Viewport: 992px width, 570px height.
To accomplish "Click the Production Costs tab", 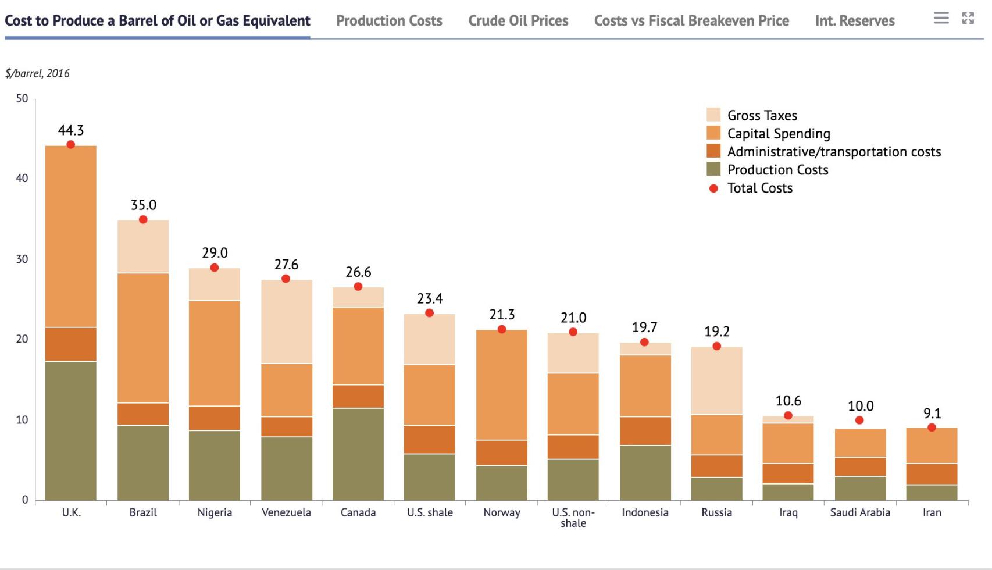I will [389, 21].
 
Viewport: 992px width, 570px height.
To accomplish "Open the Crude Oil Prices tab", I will [518, 21].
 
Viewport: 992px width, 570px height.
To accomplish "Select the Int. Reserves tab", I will [854, 21].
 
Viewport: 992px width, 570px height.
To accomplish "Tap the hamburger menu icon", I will [941, 18].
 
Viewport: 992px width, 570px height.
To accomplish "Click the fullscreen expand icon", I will [968, 18].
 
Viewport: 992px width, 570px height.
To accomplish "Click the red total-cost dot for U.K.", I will [70, 144].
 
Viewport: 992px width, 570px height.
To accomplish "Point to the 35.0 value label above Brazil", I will [143, 205].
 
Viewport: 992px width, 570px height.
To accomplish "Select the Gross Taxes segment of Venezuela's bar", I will [286, 321].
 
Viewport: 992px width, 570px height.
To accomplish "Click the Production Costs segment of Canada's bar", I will [358, 454].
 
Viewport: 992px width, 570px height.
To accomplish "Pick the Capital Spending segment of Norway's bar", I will [501, 384].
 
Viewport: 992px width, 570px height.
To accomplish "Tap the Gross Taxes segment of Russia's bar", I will [716, 380].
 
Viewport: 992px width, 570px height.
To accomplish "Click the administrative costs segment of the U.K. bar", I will [70, 344].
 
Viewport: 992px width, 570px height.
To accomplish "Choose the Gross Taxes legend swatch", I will [713, 115].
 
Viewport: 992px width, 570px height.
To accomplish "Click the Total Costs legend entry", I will [759, 188].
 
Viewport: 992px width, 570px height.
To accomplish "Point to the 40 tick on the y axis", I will [22, 179].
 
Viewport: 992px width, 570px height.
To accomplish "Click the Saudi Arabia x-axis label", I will [859, 512].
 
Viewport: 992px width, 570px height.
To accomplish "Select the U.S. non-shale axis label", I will [573, 517].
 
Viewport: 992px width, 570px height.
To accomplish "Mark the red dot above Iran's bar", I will [932, 427].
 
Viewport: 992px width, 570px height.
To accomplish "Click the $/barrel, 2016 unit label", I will [37, 73].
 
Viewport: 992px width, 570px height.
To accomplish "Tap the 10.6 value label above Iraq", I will [788, 401].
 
